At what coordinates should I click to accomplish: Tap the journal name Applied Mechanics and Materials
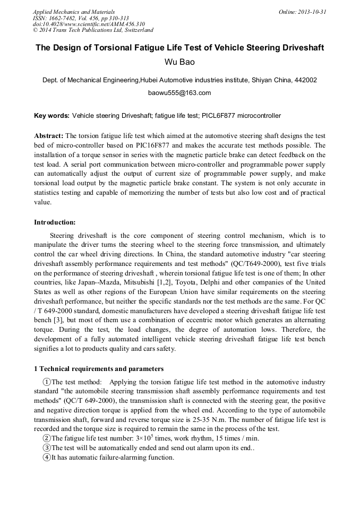pyautogui.click(x=74, y=12)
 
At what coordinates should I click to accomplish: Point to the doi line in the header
pyautogui.click(x=89, y=24)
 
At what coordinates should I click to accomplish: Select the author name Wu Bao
pyautogui.click(x=179, y=62)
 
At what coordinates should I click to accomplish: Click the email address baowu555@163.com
pyautogui.click(x=179, y=93)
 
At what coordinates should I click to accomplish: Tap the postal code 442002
pyautogui.click(x=306, y=80)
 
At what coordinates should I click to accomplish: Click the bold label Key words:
pyautogui.click(x=52, y=115)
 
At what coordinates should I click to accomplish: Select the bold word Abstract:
pyautogui.click(x=49, y=135)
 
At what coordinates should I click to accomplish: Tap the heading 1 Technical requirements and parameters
pyautogui.click(x=99, y=369)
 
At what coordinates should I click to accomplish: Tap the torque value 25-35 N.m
pyautogui.click(x=211, y=420)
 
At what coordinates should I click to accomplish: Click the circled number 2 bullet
pyautogui.click(x=47, y=438)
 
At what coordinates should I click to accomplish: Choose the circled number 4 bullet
pyautogui.click(x=47, y=457)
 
